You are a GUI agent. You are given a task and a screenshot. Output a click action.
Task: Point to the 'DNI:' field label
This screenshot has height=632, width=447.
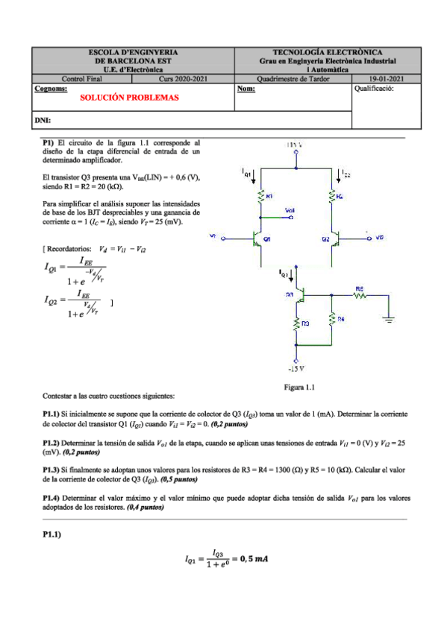click(43, 120)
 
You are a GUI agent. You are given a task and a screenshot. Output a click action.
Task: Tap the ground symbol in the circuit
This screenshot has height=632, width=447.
click(389, 319)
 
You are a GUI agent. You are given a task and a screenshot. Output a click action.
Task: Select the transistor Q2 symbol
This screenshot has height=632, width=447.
click(338, 238)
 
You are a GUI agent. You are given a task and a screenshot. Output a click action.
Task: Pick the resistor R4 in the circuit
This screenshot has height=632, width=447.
click(332, 318)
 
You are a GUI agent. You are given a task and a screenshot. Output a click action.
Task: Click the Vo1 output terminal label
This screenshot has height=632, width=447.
click(290, 211)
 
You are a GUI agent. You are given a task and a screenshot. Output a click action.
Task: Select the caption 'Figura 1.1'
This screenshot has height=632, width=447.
click(300, 388)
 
